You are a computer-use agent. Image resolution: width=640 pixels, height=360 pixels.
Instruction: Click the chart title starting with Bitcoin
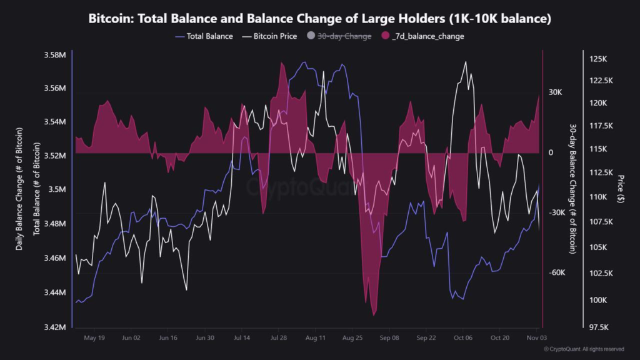319,19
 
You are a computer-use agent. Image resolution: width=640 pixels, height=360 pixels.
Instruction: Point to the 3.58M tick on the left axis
56,55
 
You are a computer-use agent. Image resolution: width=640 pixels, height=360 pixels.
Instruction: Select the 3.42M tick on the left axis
56,327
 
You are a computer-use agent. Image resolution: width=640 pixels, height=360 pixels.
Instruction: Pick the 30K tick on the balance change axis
555,92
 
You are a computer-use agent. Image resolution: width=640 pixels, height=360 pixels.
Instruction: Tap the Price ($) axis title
619,190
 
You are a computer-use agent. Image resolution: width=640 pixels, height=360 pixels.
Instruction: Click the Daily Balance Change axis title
19,190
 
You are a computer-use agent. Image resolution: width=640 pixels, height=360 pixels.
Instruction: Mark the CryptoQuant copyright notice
583,349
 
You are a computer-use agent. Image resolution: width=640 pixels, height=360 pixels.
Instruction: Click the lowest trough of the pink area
374,315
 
